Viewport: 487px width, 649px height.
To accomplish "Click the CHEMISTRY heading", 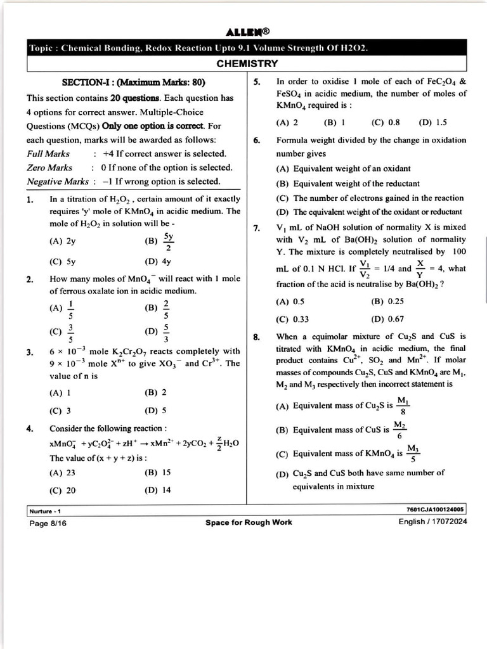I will pos(247,63).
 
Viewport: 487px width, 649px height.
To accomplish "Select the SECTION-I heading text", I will pos(133,82).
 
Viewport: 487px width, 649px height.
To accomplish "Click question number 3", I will pos(30,351).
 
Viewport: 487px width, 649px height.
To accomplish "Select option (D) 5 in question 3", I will pos(156,410).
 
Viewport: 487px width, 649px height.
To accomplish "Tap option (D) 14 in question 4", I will pos(158,490).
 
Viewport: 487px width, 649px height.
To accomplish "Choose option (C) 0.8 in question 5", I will pos(386,122).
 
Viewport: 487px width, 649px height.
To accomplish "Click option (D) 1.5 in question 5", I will pos(433,122).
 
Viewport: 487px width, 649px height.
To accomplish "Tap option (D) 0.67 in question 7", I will pos(387,319).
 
